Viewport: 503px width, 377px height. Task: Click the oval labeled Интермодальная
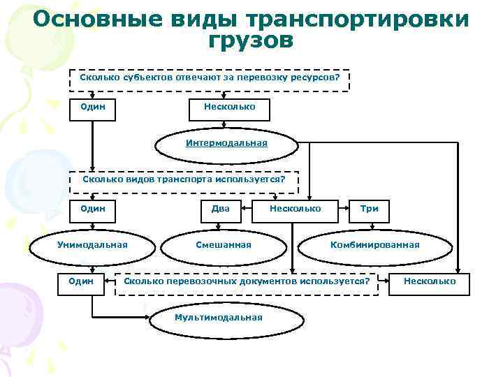click(x=226, y=143)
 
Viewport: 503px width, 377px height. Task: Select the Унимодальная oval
click(x=92, y=244)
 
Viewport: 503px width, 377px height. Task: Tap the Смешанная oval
click(x=223, y=244)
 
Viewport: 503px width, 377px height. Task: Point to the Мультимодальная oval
click(x=218, y=317)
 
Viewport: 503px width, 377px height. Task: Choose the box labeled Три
click(x=369, y=208)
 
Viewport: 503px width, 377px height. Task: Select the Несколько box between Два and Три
click(x=295, y=208)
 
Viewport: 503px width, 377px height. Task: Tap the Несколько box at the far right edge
click(x=430, y=281)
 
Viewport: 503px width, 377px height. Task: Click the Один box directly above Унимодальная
click(x=93, y=208)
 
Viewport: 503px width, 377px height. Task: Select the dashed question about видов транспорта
click(x=184, y=179)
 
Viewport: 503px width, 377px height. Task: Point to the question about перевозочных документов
click(x=246, y=281)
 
